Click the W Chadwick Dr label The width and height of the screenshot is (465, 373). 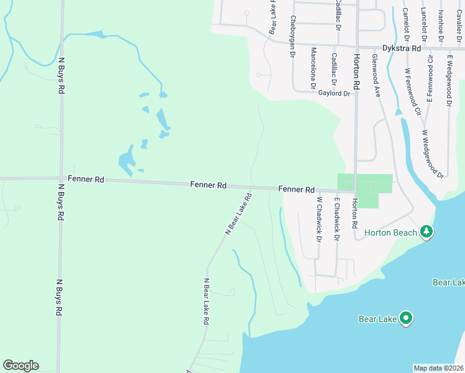(x=319, y=219)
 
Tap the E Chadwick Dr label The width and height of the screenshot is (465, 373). (x=336, y=219)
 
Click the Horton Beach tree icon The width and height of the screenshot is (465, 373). (x=426, y=232)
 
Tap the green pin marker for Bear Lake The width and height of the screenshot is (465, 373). (x=406, y=318)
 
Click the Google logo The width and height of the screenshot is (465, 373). (x=21, y=366)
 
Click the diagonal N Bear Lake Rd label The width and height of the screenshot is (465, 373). (x=238, y=214)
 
